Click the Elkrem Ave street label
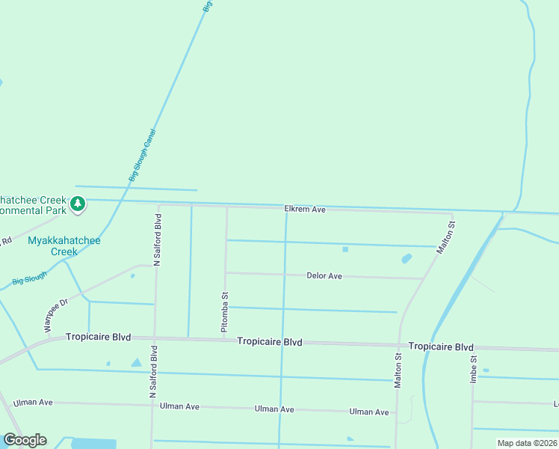[304, 210]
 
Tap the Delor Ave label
[324, 276]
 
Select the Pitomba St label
[223, 312]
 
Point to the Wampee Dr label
[55, 315]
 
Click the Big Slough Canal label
[141, 156]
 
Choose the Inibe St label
[473, 369]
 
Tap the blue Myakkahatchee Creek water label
[64, 245]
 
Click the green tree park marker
[77, 204]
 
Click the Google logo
[25, 440]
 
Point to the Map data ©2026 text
[526, 443]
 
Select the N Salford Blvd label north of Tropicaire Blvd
[157, 241]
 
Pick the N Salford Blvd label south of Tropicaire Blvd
[152, 371]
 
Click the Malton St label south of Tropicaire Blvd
[398, 371]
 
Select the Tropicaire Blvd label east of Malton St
[441, 347]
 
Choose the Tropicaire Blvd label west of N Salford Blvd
[98, 337]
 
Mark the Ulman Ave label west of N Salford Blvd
[33, 403]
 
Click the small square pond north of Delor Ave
[345, 249]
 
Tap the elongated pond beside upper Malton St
[407, 259]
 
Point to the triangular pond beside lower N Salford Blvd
[136, 363]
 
